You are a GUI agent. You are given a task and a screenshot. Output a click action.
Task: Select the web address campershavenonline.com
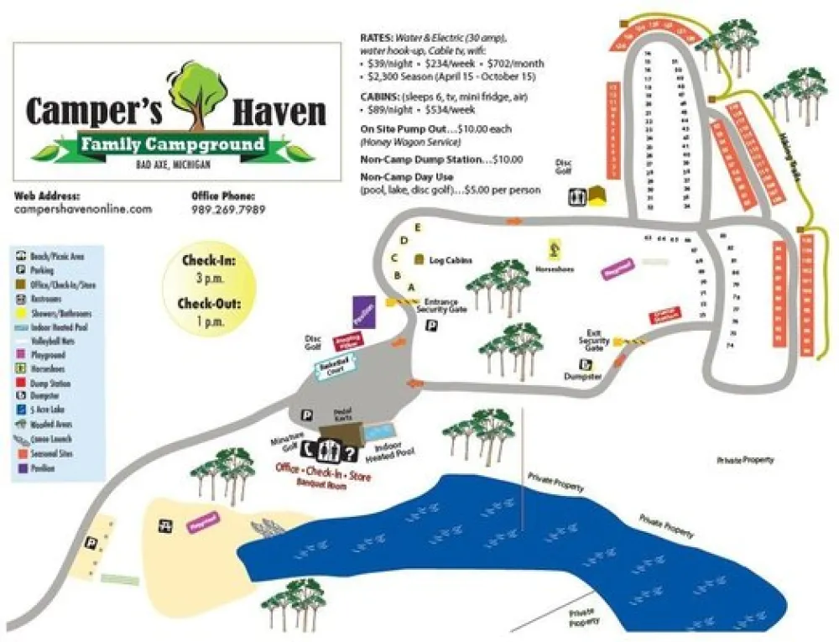point(83,209)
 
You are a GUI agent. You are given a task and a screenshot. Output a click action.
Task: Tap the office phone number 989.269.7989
point(228,209)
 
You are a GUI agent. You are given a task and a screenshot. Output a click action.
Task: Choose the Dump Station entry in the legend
point(44,383)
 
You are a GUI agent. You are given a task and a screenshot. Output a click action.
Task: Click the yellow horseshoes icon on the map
point(554,248)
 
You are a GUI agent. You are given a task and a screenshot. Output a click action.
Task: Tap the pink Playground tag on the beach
point(202,521)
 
